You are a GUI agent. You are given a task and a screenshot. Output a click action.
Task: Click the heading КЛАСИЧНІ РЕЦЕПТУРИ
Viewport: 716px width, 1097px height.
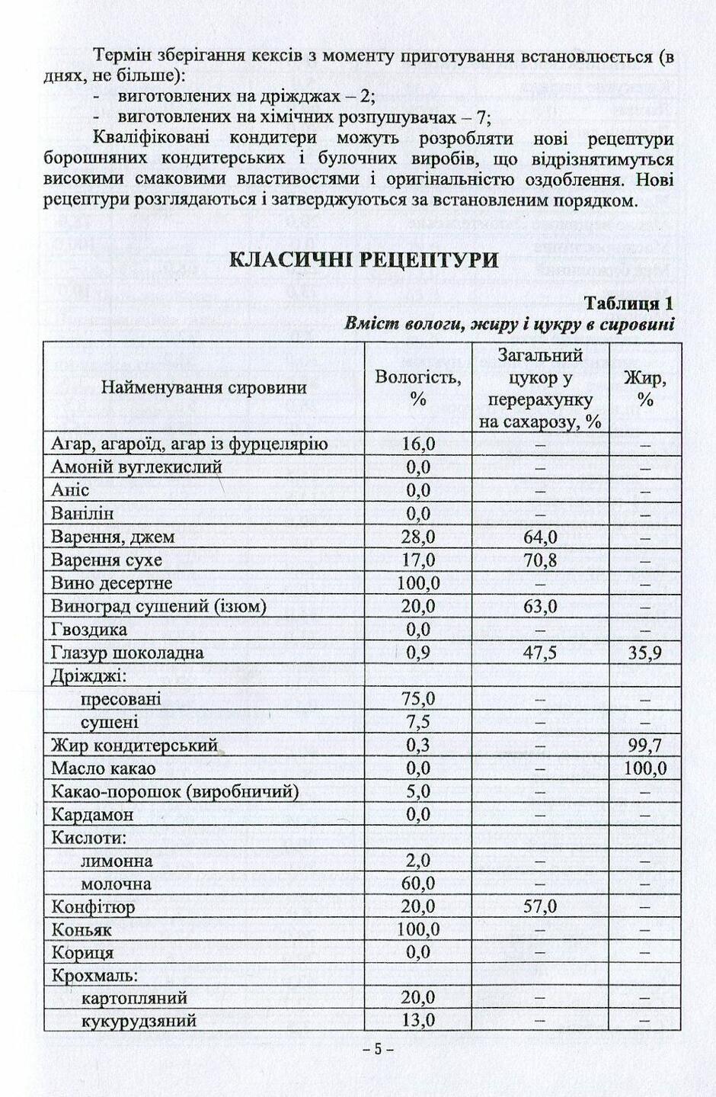point(364,260)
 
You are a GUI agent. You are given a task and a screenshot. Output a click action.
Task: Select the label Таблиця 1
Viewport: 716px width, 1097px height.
point(628,303)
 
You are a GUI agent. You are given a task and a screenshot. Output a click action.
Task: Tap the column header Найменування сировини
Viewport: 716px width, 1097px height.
point(204,387)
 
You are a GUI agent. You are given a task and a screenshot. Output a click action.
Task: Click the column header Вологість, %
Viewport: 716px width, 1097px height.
point(417,387)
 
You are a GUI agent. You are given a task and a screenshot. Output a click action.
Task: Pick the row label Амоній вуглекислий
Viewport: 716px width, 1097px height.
point(136,467)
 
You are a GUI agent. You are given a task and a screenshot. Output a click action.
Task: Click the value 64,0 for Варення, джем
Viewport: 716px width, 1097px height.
point(540,537)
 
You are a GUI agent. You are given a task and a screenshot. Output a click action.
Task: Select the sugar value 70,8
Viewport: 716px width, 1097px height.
point(540,560)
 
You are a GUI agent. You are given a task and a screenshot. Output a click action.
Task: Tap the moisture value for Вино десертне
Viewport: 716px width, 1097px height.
point(418,583)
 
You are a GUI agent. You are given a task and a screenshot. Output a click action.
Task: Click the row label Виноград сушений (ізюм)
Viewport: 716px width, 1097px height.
point(158,607)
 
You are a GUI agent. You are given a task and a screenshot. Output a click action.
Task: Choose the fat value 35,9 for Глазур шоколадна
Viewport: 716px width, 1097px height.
point(645,653)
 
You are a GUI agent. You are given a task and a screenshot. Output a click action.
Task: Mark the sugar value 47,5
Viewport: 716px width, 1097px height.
point(540,653)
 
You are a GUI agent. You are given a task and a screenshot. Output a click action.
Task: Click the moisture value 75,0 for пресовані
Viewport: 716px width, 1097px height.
point(418,699)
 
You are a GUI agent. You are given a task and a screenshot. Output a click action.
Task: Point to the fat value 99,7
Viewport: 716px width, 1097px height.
point(645,745)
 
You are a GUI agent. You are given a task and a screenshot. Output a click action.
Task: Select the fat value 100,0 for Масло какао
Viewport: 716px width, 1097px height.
point(645,768)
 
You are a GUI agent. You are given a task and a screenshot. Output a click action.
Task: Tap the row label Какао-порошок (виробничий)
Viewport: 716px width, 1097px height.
point(174,791)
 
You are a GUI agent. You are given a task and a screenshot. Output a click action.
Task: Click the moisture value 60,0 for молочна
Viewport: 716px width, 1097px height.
point(418,884)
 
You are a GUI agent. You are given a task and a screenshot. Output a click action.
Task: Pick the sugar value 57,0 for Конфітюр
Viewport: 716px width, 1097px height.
point(540,906)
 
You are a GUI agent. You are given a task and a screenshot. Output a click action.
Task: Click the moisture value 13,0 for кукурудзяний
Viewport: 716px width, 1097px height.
point(418,1020)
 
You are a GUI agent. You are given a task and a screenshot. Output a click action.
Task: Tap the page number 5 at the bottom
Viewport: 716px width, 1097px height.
point(377,1049)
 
